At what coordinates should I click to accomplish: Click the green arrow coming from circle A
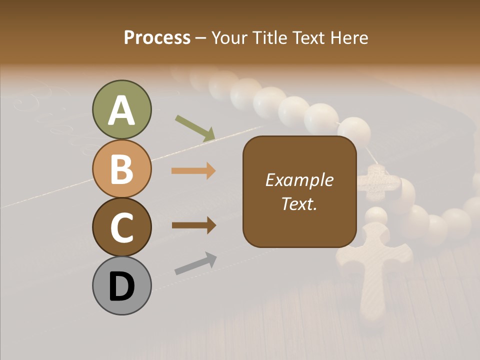(195, 128)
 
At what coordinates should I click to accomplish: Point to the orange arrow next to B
(193, 171)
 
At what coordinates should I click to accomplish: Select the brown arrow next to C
(193, 225)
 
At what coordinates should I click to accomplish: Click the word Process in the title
(157, 37)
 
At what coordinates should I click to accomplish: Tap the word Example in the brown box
(299, 180)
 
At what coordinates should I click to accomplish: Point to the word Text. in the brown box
(299, 203)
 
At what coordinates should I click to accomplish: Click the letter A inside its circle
(121, 110)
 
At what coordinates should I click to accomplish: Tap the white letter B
(121, 168)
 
